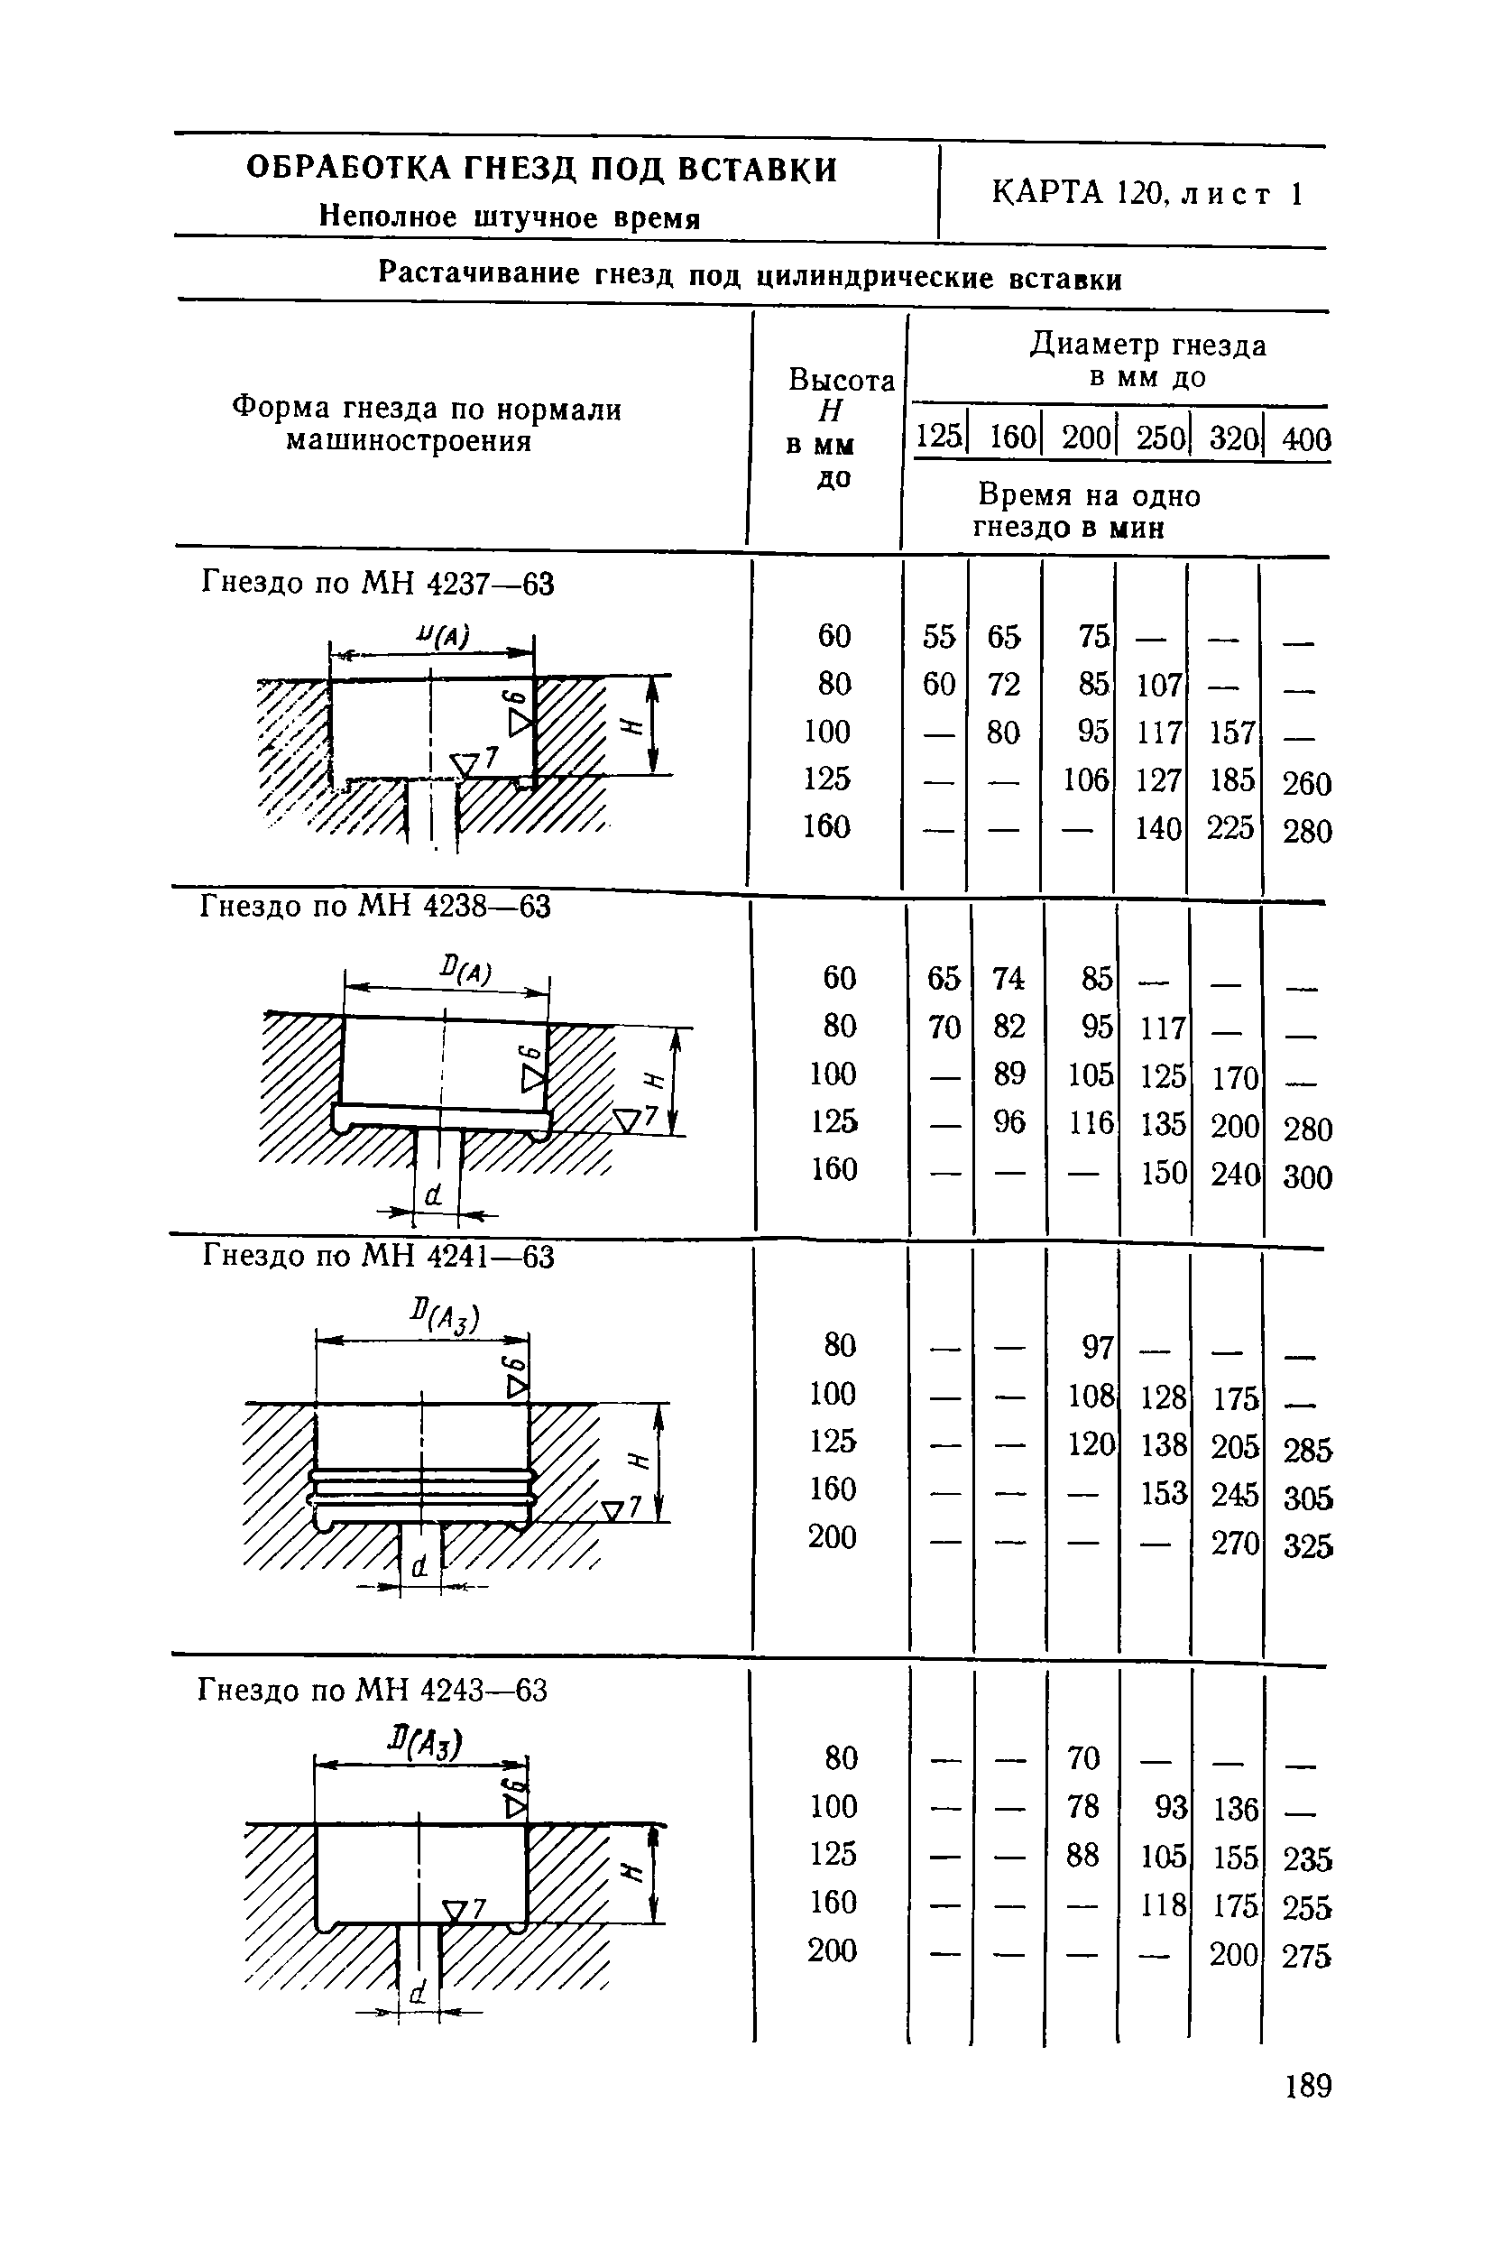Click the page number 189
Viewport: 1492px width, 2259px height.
click(1307, 2086)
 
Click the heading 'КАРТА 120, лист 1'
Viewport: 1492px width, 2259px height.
click(1146, 194)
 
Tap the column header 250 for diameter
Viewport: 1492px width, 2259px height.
click(1160, 438)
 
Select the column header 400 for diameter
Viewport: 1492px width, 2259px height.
click(1305, 438)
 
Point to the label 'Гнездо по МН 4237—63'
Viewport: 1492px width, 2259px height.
click(377, 584)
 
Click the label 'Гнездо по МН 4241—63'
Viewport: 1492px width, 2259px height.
click(378, 1257)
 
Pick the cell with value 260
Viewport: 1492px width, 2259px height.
click(1306, 783)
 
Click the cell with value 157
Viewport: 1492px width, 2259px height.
click(1232, 733)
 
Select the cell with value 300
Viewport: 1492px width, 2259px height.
click(1306, 1177)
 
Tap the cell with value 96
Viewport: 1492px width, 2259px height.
click(1008, 1123)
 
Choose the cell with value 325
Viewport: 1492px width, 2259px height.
click(1307, 1546)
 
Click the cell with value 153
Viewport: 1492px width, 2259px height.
click(1164, 1493)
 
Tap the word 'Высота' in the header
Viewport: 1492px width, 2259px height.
click(841, 381)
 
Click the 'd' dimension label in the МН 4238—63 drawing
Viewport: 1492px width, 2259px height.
click(434, 1194)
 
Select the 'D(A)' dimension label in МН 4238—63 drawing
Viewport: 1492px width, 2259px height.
click(465, 972)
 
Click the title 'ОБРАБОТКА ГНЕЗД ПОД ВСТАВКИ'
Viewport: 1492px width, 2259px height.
click(541, 170)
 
